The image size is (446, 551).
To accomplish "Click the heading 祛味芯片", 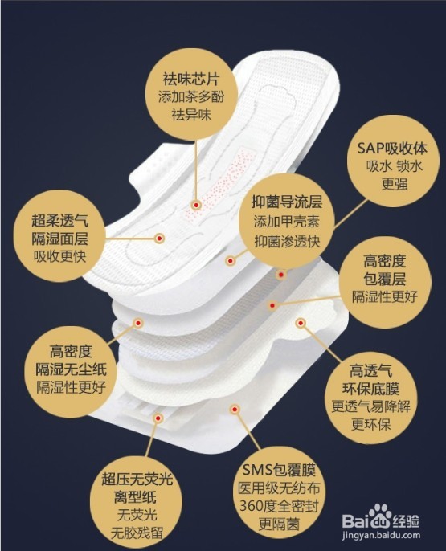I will (x=190, y=81).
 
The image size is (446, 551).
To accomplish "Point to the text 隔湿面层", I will (x=60, y=238).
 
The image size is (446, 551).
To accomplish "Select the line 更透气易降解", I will (x=370, y=406).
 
